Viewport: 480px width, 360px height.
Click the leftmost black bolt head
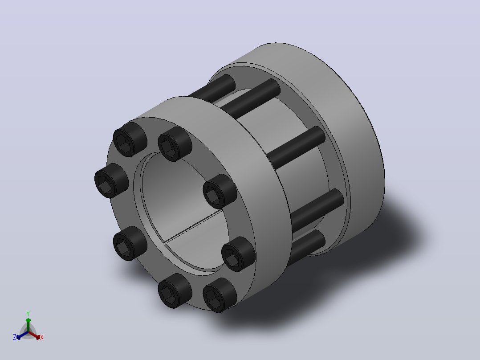click(111, 181)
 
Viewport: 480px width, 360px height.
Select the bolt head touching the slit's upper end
click(220, 192)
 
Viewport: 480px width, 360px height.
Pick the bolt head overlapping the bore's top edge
click(175, 144)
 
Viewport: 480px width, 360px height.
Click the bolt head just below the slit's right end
click(239, 254)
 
